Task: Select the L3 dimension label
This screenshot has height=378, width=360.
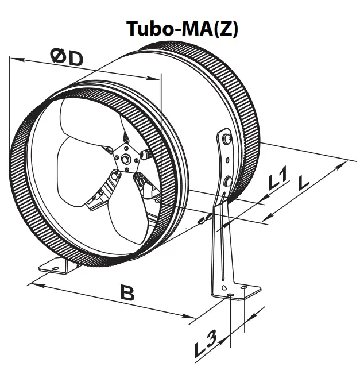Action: pos(206,345)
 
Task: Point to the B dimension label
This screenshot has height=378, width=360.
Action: pos(127,293)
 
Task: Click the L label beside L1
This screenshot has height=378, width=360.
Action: pos(303,183)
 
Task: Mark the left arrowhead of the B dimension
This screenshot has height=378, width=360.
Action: pos(33,282)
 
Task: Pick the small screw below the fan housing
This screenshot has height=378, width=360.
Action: pos(205,219)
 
